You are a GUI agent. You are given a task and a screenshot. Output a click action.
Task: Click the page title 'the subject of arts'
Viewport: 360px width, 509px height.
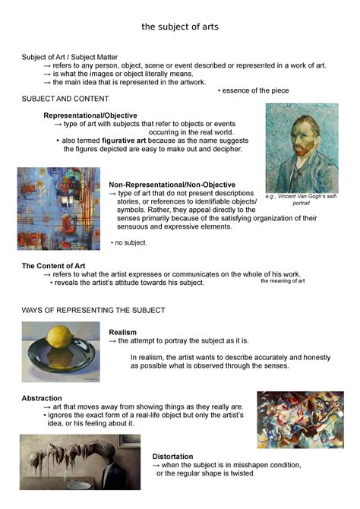(180, 27)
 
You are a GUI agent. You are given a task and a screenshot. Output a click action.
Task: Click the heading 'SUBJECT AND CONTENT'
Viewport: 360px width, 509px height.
(65, 100)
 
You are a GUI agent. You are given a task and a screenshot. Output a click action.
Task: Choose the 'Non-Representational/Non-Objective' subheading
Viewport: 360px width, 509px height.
(172, 185)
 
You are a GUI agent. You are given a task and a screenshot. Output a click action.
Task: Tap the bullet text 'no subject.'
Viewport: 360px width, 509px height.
(130, 242)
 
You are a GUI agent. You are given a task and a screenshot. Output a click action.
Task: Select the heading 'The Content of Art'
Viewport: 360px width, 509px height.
(59, 266)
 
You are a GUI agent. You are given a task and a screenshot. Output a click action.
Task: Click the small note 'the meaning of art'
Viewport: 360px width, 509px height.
(283, 281)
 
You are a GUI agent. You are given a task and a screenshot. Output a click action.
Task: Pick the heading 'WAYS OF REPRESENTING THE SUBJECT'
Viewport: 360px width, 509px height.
(93, 311)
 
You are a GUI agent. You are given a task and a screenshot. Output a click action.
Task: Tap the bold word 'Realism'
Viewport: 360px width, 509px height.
(123, 332)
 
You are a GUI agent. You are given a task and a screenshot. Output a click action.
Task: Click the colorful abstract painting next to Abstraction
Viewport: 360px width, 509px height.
(300, 420)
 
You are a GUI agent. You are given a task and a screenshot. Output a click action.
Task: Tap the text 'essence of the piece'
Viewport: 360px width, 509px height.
(255, 90)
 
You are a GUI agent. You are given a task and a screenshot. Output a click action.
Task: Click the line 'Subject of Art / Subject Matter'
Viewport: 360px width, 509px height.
(74, 57)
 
